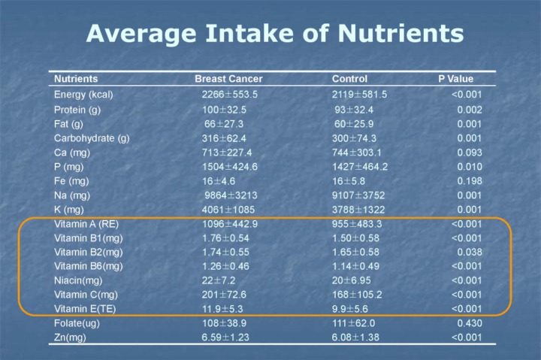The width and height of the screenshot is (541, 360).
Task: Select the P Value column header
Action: pyautogui.click(x=455, y=79)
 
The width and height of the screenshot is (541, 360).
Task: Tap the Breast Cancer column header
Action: pyautogui.click(x=228, y=79)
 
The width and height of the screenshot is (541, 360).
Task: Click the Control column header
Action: pyautogui.click(x=349, y=79)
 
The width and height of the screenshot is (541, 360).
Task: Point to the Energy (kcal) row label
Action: pyautogui.click(x=83, y=95)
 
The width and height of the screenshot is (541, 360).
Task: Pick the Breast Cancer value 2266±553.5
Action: pyautogui.click(x=229, y=95)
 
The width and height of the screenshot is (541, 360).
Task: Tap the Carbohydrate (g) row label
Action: pyautogui.click(x=92, y=138)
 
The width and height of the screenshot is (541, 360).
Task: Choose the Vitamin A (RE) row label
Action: pyautogui.click(x=86, y=224)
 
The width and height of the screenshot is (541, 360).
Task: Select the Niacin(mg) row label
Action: pyautogui.click(x=78, y=280)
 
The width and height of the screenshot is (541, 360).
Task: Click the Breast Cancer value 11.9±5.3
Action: pyautogui.click(x=223, y=309)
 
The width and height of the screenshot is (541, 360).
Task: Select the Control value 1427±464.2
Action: pyautogui.click(x=360, y=167)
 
